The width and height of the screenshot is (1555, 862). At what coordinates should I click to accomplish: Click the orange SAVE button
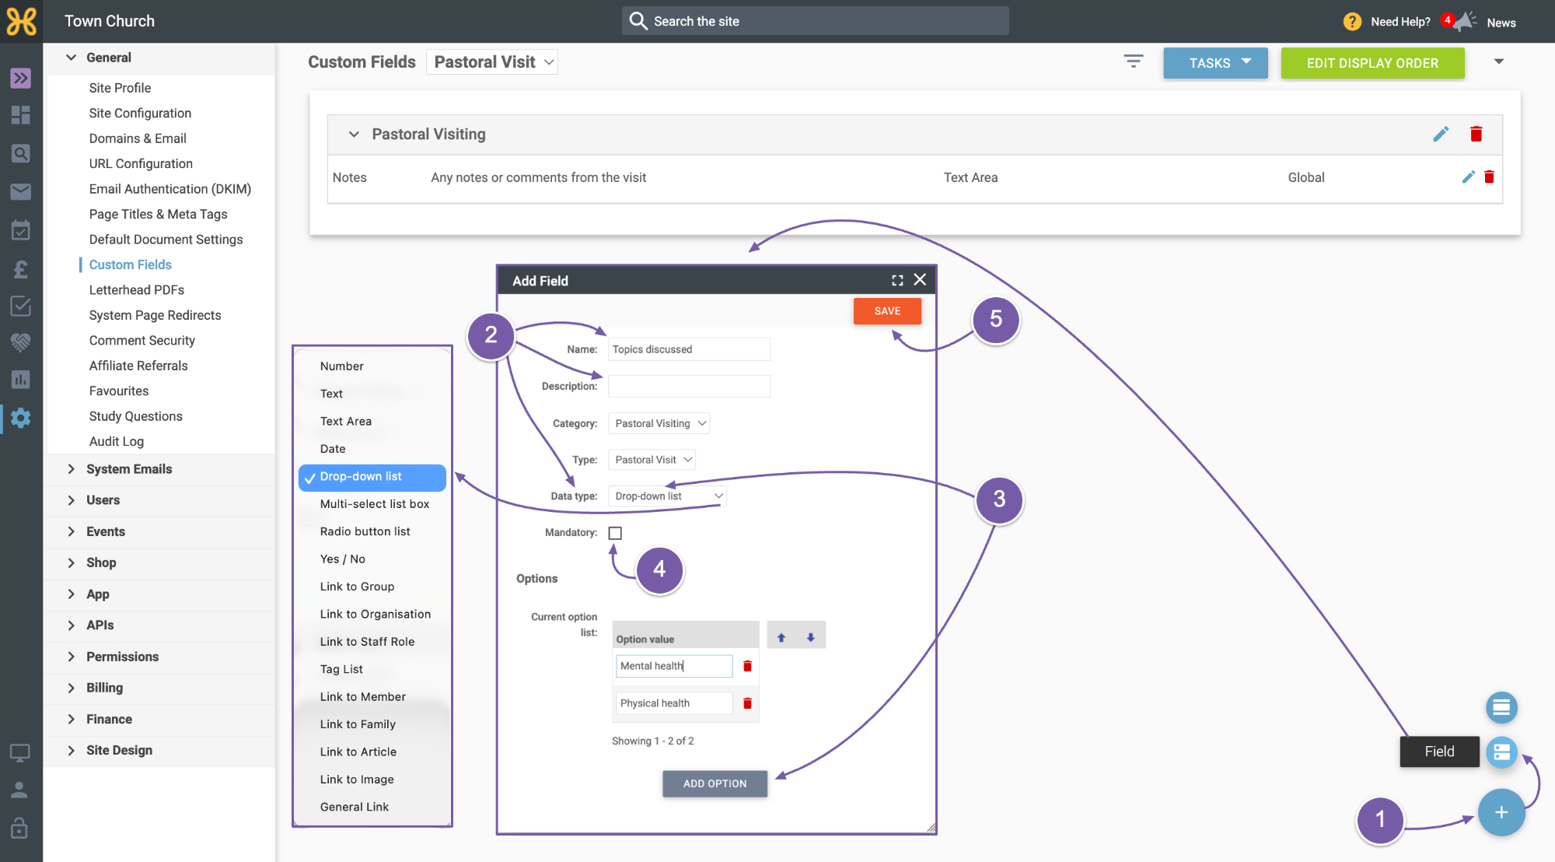[887, 311]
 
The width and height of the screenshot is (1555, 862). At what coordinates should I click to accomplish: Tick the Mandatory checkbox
[615, 533]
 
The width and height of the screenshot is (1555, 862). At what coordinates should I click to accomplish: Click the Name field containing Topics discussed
[689, 349]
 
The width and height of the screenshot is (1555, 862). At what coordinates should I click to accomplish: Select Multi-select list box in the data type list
[375, 504]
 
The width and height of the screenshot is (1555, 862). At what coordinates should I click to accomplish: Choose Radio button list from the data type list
[365, 531]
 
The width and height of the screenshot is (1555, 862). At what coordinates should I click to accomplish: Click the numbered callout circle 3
[999, 499]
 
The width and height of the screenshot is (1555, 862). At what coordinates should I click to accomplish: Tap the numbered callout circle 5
[996, 319]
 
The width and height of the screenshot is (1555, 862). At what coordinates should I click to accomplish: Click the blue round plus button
[1501, 812]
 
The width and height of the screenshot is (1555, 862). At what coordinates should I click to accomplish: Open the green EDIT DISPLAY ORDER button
[1372, 63]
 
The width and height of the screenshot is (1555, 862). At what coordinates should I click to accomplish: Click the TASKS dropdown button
[1215, 63]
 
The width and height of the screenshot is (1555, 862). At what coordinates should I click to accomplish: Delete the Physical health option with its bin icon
[747, 703]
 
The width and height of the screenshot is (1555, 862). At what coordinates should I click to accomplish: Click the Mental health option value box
[674, 666]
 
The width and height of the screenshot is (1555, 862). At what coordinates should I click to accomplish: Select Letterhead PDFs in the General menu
[137, 290]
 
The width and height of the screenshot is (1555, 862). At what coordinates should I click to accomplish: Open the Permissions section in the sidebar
[122, 657]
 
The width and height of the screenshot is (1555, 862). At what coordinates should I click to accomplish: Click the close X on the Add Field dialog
[920, 280]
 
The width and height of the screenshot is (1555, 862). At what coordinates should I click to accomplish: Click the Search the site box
[816, 21]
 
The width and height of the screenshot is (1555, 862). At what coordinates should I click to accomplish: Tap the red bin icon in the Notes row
[1489, 177]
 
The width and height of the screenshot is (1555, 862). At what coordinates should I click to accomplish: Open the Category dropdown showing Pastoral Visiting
[659, 423]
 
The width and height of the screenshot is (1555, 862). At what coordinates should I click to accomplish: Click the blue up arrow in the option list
[781, 638]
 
